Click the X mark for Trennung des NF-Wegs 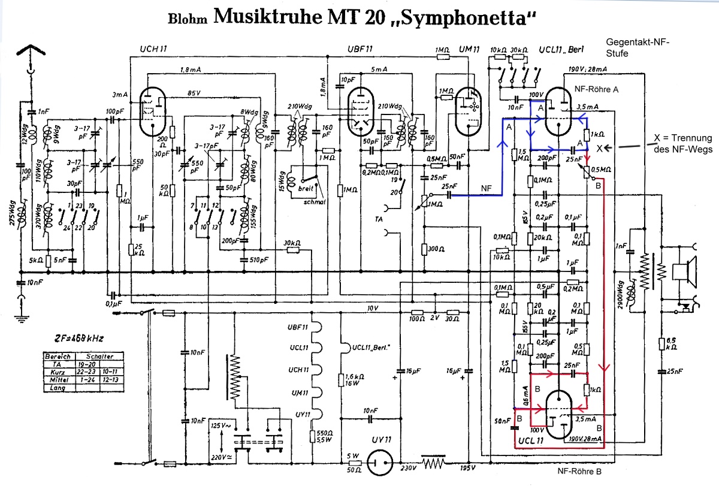pos(600,148)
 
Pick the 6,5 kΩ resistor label pos(671,343)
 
